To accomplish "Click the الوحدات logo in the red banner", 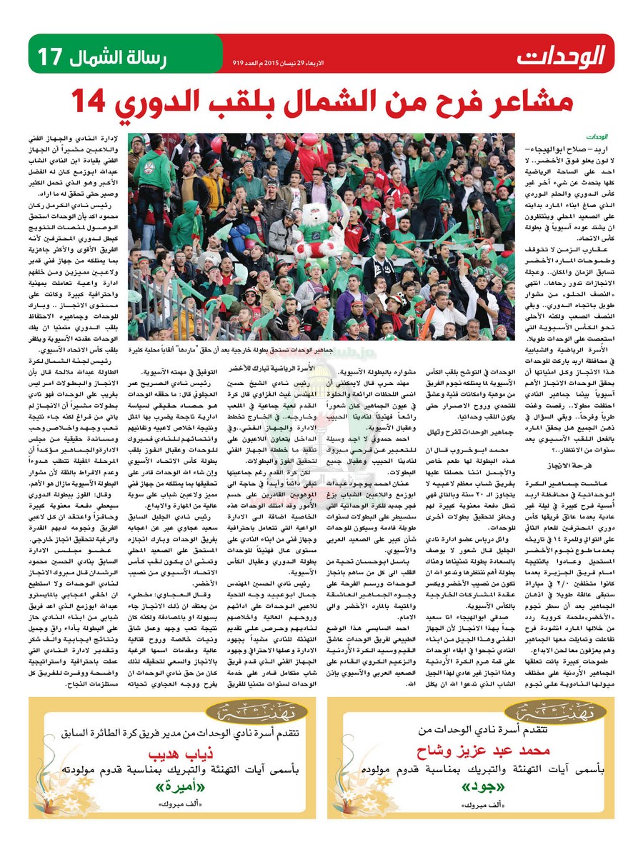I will point(562,54).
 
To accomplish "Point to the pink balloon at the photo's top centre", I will point(309,139).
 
